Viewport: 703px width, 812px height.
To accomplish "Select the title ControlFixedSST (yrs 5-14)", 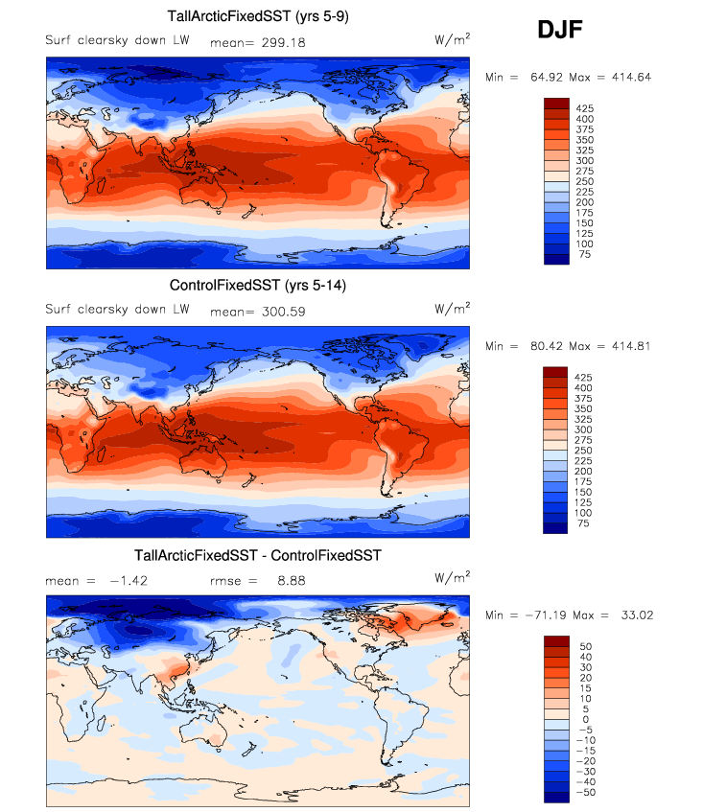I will [258, 285].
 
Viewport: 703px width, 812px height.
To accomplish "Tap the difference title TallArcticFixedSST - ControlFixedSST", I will [258, 555].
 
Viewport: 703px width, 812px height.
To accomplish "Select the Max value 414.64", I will [629, 77].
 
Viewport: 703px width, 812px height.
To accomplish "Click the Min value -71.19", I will [536, 615].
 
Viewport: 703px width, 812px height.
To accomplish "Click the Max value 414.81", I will [629, 346].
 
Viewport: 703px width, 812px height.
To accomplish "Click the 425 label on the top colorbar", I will [584, 107].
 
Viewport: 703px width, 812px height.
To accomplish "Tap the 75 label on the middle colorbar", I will [581, 524].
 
